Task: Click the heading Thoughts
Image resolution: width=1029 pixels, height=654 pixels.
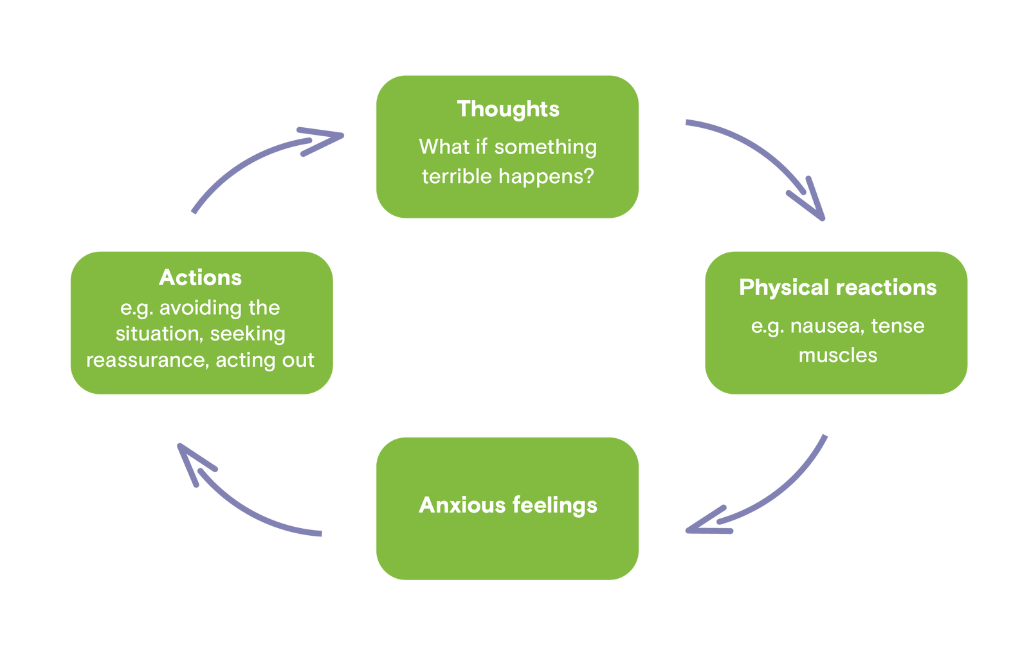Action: coord(508,109)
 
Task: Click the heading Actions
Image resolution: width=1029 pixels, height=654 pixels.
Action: coord(200,278)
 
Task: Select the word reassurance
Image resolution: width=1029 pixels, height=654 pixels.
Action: coord(147,360)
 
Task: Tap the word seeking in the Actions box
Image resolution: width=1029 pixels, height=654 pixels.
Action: coord(248,334)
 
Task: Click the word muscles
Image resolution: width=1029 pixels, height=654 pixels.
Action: coord(837,355)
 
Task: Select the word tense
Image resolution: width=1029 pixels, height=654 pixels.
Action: coord(898,326)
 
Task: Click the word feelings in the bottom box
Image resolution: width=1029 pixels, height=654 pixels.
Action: coord(555,506)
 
